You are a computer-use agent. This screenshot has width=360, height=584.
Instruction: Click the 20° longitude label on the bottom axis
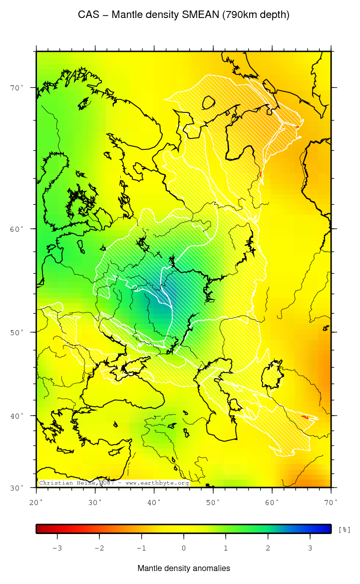pos(36,501)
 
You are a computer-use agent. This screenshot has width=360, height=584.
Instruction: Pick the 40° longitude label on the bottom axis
pos(154,501)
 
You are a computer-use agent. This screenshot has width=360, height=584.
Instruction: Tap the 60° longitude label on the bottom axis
pos(272,501)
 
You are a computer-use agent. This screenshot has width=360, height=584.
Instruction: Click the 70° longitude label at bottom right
pos(331,501)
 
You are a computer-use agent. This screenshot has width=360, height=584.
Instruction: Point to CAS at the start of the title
pos(87,15)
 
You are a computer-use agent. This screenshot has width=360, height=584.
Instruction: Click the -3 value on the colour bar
pos(56,549)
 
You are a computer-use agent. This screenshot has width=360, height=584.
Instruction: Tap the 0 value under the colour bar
pos(184,549)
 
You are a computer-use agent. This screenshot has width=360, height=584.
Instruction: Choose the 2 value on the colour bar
pos(268,549)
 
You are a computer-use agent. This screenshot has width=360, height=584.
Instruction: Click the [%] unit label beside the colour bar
pos(344,530)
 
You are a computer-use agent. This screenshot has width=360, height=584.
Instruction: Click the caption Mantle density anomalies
pos(184,569)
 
